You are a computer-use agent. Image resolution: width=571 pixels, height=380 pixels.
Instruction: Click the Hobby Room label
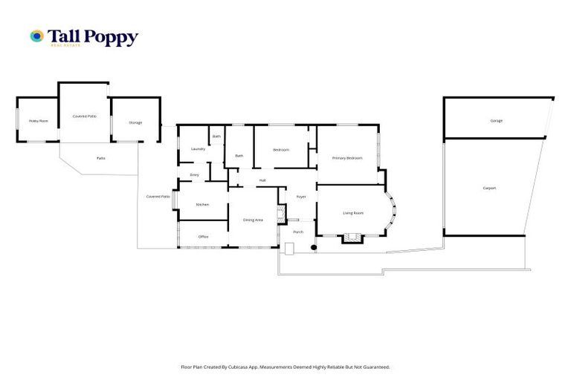[x=38, y=120]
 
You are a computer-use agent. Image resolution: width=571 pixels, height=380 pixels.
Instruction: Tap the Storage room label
[x=135, y=122]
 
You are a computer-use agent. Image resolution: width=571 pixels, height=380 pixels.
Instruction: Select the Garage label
[x=496, y=120]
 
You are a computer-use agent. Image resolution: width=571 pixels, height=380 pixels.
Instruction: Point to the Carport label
[x=489, y=188]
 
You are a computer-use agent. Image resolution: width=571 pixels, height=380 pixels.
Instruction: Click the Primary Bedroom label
[x=347, y=158]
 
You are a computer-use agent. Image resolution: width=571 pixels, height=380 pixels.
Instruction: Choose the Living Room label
[x=353, y=213]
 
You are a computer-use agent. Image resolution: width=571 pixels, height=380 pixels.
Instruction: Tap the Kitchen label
[x=202, y=204]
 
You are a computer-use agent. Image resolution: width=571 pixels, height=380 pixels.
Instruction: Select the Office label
[x=203, y=237]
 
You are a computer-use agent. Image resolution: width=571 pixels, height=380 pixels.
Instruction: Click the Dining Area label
[x=254, y=220]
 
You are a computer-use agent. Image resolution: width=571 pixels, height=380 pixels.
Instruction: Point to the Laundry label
[x=198, y=148]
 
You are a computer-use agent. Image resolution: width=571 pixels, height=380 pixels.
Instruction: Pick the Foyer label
[x=301, y=197]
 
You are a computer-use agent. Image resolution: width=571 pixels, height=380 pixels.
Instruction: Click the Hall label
[x=262, y=180]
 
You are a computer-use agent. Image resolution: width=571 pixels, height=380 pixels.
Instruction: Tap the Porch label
[x=298, y=232]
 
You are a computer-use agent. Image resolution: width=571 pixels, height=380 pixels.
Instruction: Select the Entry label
[x=194, y=174]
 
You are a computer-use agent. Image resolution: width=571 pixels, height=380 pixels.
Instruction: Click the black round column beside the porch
[x=314, y=247]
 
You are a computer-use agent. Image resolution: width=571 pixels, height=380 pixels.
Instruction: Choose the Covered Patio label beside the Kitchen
[x=158, y=197]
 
